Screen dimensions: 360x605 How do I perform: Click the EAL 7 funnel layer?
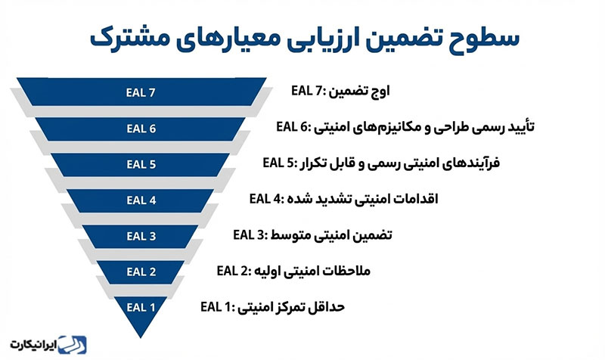[x=141, y=93]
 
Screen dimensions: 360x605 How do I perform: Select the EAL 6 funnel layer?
[x=141, y=129]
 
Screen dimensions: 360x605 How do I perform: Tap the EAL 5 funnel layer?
[x=141, y=164]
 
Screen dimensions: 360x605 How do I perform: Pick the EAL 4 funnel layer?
[x=141, y=200]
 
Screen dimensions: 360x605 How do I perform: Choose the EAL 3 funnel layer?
[x=141, y=236]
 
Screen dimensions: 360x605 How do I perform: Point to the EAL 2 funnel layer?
[x=141, y=272]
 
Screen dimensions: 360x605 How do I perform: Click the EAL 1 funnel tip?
[x=141, y=308]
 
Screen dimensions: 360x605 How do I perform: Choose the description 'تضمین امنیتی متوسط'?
[x=334, y=235]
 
